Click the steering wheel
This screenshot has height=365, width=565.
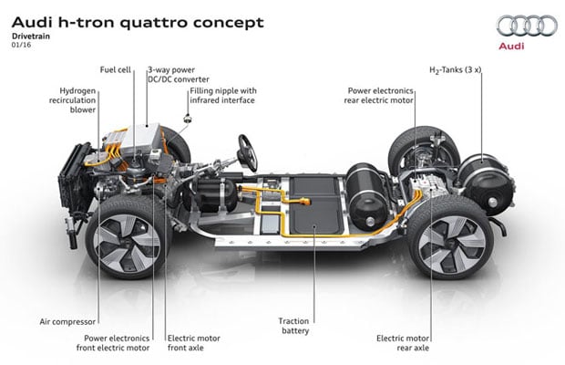[244, 146]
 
